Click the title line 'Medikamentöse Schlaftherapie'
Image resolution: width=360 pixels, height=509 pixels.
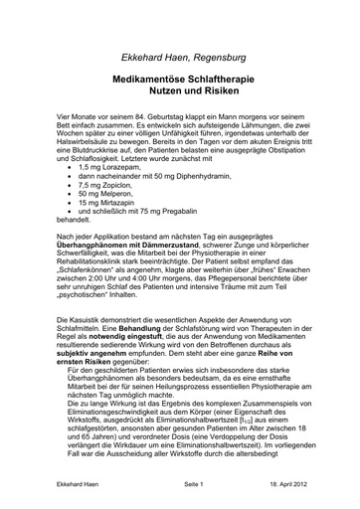pyautogui.click(x=179, y=61)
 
